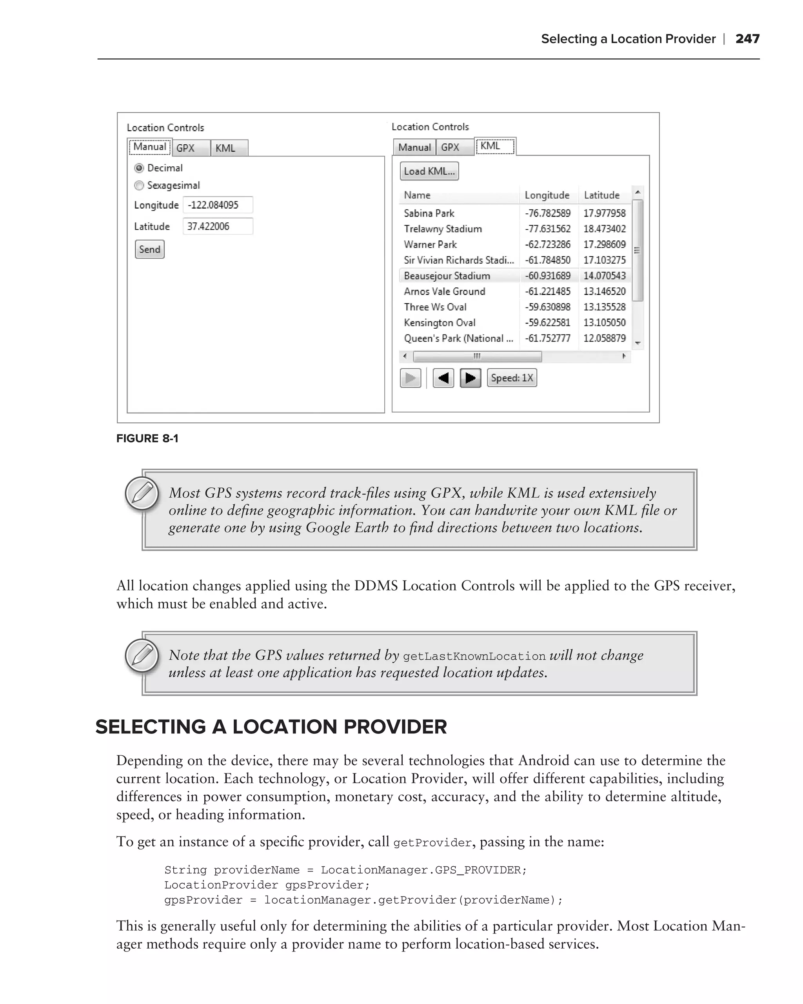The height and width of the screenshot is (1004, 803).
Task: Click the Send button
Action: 149,249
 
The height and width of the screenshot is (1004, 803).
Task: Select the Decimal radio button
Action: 139,168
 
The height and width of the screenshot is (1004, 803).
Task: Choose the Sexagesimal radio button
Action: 139,186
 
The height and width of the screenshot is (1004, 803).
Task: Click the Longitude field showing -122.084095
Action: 217,205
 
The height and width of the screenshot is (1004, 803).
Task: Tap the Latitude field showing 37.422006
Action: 217,226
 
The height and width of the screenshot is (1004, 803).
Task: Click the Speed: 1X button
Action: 512,378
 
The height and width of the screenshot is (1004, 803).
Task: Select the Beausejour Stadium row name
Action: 447,276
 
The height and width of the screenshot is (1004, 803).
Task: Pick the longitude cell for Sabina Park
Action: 547,213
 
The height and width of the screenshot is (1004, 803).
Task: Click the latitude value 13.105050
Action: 604,323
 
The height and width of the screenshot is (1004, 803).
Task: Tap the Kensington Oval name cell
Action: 440,323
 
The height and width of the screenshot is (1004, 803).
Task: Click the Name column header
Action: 417,195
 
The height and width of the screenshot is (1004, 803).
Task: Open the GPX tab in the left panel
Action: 186,148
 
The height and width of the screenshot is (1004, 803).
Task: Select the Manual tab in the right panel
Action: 414,147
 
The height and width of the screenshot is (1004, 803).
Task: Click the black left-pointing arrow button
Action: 443,378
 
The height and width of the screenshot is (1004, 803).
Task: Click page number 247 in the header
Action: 747,39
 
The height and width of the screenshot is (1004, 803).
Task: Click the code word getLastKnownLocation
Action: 474,656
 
